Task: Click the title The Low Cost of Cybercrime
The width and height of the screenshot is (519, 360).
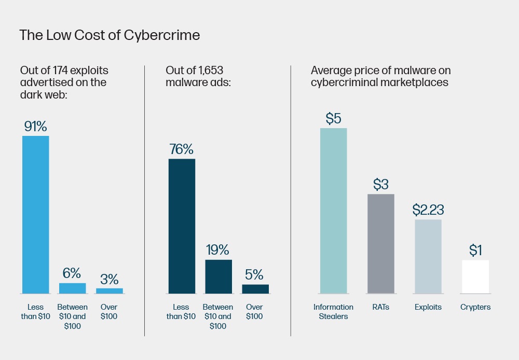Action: tap(110, 35)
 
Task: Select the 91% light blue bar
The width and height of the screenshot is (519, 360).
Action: tap(35, 215)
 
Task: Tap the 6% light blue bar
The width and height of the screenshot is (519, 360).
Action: tap(72, 288)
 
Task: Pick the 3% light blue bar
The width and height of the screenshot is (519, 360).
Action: tap(110, 290)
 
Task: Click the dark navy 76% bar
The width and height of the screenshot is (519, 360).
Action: tap(182, 226)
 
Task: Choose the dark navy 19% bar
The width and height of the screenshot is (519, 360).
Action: tap(218, 276)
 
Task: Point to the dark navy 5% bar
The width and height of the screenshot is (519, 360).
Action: tap(255, 289)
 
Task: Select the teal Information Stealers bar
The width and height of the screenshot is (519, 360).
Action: tap(333, 211)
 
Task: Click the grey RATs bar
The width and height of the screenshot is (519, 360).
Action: tap(381, 244)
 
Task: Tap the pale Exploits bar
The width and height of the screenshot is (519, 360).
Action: tap(428, 256)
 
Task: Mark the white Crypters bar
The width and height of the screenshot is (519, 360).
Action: tap(475, 276)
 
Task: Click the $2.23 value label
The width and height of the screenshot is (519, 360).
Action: tap(428, 210)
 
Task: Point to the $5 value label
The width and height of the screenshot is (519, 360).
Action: tap(333, 119)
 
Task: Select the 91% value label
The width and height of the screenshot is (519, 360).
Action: tap(36, 127)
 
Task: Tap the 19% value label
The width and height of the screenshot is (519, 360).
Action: tap(218, 250)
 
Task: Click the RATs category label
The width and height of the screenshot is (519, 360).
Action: tap(381, 307)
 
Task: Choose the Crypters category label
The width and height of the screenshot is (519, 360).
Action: tap(475, 307)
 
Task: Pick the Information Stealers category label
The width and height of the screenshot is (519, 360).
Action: tap(333, 311)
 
